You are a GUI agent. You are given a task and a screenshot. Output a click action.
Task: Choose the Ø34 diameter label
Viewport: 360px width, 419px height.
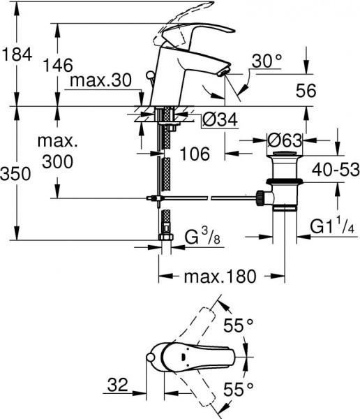tap(218, 120)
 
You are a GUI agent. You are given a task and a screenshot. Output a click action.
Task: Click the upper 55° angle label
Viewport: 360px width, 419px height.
tap(237, 325)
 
